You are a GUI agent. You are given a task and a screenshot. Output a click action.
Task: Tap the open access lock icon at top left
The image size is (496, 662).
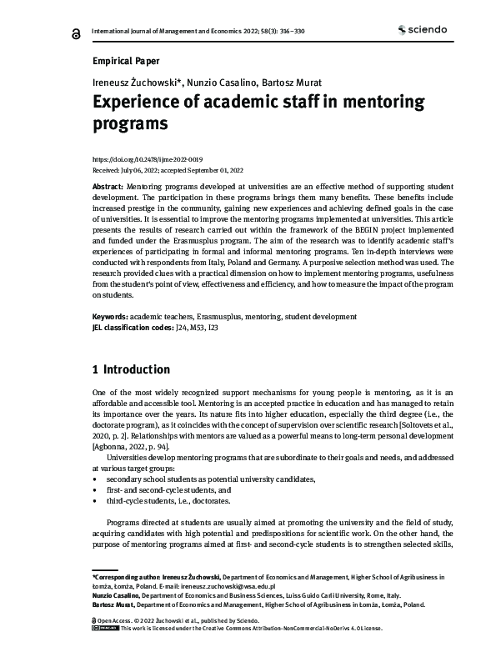pyautogui.click(x=76, y=33)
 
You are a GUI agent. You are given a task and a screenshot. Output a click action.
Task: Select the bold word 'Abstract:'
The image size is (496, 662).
pyautogui.click(x=108, y=188)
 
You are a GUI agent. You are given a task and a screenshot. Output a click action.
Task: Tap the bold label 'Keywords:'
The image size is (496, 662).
pyautogui.click(x=110, y=317)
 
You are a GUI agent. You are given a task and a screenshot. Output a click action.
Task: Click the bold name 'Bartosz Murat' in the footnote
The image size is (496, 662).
pyautogui.click(x=110, y=604)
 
